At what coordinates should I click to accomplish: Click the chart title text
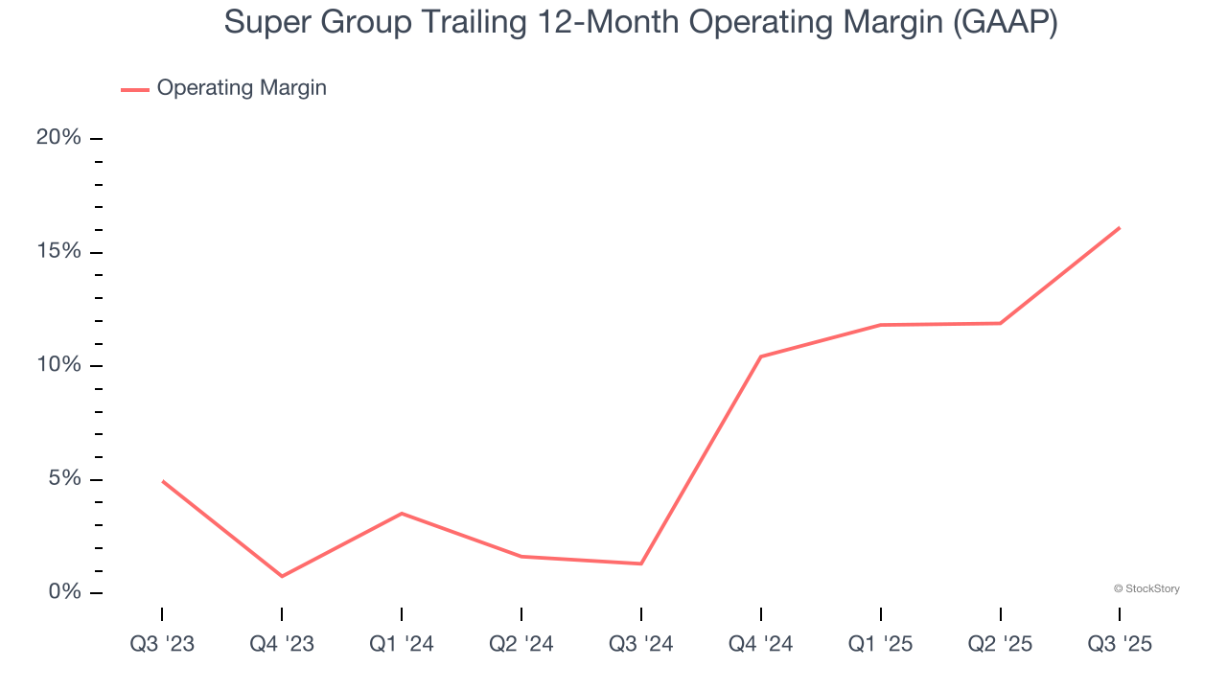[640, 23]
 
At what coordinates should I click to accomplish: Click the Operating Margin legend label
[242, 88]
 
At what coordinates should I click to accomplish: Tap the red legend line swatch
[134, 89]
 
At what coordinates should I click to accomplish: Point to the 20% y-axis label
[58, 138]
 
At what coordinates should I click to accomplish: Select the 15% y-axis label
[58, 251]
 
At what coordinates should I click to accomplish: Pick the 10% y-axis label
[58, 365]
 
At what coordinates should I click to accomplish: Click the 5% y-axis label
[64, 479]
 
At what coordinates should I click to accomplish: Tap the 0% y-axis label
[64, 592]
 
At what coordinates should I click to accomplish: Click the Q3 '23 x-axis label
[162, 644]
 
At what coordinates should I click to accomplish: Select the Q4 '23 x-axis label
[282, 644]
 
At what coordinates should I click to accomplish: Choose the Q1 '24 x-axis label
[402, 644]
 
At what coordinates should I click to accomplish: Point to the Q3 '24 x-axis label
[640, 644]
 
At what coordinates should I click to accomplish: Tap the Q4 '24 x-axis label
[760, 644]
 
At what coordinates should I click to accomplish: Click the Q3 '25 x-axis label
[1120, 644]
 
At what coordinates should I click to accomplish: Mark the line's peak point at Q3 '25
[1120, 228]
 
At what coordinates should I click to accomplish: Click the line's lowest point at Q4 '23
[282, 576]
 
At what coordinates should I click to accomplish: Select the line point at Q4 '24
[760, 356]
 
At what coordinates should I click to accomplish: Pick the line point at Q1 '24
[402, 514]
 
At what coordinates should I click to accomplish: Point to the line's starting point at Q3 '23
[162, 481]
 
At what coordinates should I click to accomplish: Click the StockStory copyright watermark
[1146, 588]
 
